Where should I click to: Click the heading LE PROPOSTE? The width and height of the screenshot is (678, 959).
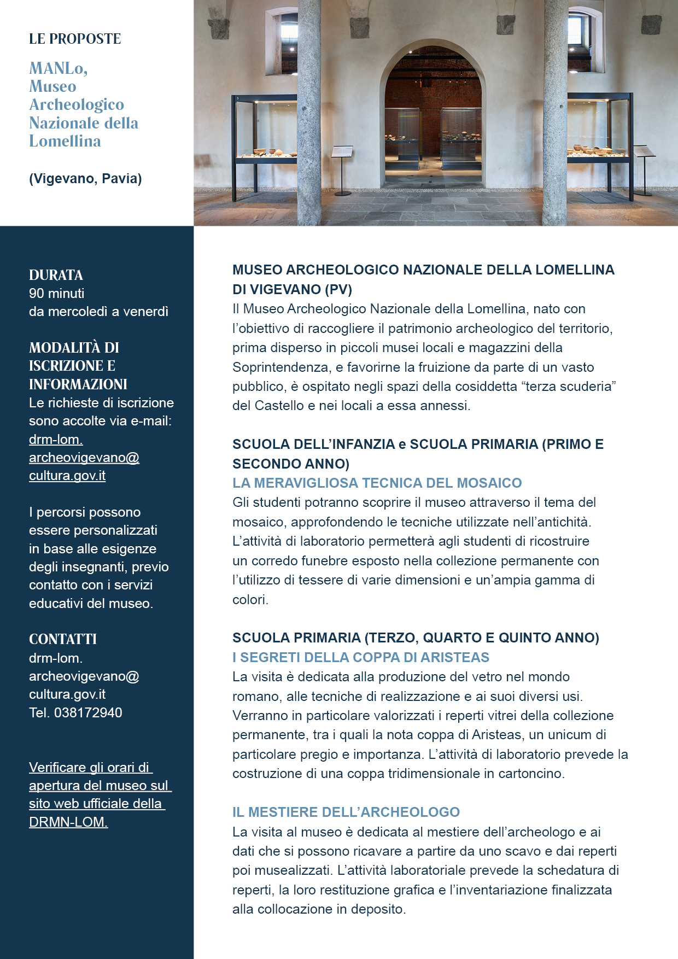tap(75, 39)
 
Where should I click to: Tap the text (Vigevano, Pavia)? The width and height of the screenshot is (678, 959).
tap(85, 179)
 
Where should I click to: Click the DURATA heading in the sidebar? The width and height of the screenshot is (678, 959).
tap(56, 275)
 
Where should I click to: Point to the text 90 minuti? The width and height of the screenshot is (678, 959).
tap(56, 294)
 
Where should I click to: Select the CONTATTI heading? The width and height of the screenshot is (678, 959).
tap(62, 639)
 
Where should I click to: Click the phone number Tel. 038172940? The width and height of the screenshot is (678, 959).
tap(75, 713)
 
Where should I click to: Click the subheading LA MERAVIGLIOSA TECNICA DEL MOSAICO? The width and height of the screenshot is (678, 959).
tap(377, 483)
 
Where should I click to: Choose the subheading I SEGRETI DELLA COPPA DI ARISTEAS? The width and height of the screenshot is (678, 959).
tap(360, 657)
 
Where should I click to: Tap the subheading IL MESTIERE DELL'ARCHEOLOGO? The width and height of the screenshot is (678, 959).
tap(346, 812)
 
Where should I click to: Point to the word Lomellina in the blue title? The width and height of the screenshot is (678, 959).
tap(65, 142)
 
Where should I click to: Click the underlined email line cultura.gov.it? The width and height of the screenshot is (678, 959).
tap(67, 476)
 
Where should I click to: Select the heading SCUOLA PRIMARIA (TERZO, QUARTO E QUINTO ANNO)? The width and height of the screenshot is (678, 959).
tap(416, 638)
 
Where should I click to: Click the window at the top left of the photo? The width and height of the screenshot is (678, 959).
tap(282, 41)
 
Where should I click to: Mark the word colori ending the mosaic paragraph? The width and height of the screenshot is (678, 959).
tap(250, 600)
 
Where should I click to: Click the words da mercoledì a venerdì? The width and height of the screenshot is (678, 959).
tap(98, 312)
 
